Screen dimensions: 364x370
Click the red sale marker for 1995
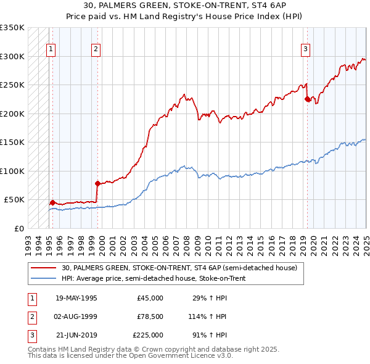52,202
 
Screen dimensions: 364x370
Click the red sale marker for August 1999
97,183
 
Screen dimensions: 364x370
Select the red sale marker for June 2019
307,99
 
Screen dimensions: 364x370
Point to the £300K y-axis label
12,56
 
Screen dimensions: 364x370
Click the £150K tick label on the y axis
12,143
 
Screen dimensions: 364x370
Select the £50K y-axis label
14,200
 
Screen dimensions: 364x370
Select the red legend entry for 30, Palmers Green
179,268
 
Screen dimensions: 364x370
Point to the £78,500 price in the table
150,316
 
